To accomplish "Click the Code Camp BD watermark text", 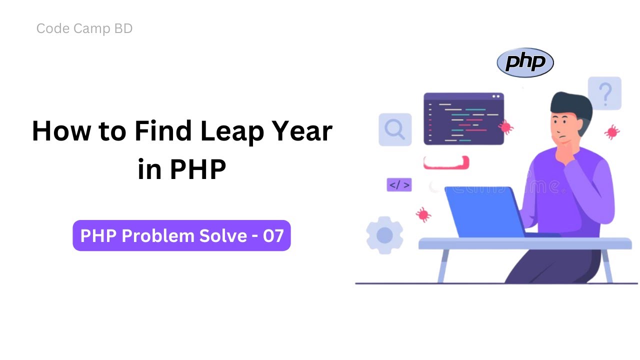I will tap(84, 29).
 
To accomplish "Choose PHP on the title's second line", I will tap(198, 169).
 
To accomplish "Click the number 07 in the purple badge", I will tap(273, 235).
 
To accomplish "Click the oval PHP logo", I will tap(525, 63).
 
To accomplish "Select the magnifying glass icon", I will tap(394, 129).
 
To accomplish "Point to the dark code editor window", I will tap(463, 119).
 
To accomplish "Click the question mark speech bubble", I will tap(604, 93).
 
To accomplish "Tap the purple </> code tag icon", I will tap(399, 184).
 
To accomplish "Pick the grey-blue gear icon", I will tap(384, 235).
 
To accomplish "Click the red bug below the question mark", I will tap(611, 132).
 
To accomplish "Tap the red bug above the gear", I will tap(423, 214).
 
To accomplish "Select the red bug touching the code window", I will tap(505, 127).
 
